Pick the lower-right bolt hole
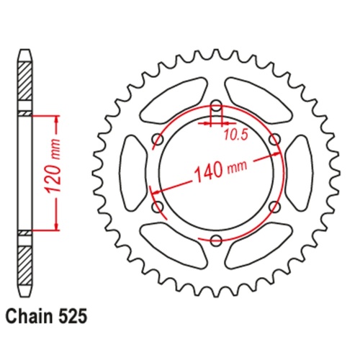click(x=274, y=207)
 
